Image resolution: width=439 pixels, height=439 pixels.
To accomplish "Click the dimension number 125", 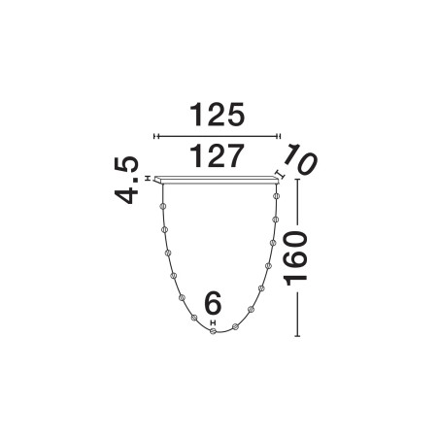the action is click(217, 115).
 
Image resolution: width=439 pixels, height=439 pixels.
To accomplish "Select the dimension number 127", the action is click(217, 155).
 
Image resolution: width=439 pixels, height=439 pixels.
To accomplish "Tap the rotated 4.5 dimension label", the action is click(126, 180).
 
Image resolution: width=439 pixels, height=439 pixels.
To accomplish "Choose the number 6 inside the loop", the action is click(213, 303).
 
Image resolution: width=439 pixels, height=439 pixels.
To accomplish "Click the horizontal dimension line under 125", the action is click(217, 136).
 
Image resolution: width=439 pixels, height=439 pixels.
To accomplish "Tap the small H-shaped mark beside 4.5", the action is click(148, 179).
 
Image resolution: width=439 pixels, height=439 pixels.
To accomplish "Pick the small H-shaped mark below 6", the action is click(213, 322).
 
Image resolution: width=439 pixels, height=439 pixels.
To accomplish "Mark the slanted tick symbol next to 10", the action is click(280, 175).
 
